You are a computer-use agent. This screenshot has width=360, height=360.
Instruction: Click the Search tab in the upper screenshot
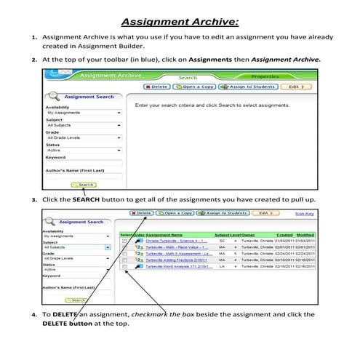point(188,77)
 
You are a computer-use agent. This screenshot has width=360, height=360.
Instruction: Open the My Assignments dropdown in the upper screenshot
point(83,113)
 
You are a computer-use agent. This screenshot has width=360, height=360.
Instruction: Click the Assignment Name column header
point(164,235)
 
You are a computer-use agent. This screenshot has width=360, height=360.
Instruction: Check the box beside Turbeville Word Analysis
point(124,267)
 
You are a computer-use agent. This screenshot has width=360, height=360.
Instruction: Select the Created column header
point(284,235)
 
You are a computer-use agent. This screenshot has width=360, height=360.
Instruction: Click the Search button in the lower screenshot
point(78,300)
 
